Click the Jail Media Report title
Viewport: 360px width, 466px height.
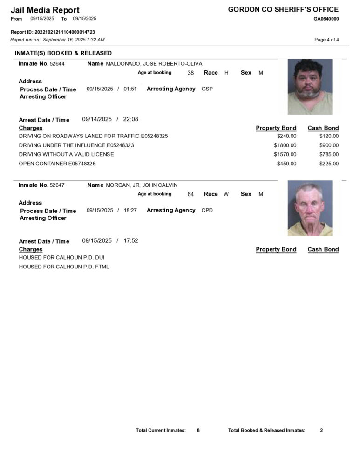tap(45, 10)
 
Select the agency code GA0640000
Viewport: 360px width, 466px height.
tap(326, 19)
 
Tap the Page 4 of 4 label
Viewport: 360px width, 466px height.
tap(326, 40)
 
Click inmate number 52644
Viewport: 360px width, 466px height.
tap(57, 64)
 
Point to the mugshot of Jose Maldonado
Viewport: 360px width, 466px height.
tap(310, 87)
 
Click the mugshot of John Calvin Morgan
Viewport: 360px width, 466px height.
tap(310, 208)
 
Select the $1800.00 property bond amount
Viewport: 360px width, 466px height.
tap(285, 145)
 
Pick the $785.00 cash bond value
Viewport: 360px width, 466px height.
tap(329, 154)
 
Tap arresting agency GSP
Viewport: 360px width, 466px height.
tap(207, 89)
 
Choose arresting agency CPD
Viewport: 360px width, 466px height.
tap(207, 210)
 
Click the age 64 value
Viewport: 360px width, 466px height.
tap(190, 194)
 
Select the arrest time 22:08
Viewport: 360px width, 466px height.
tap(130, 119)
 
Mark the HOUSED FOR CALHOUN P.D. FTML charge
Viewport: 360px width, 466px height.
tap(64, 267)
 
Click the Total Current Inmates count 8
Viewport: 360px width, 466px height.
tap(198, 430)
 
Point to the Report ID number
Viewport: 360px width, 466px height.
tap(65, 32)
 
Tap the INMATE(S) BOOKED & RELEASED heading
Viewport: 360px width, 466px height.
tap(63, 53)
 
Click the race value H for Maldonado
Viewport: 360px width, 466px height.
tap(226, 73)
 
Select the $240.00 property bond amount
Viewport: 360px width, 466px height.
tap(286, 136)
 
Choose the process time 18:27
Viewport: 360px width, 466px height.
tap(130, 211)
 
